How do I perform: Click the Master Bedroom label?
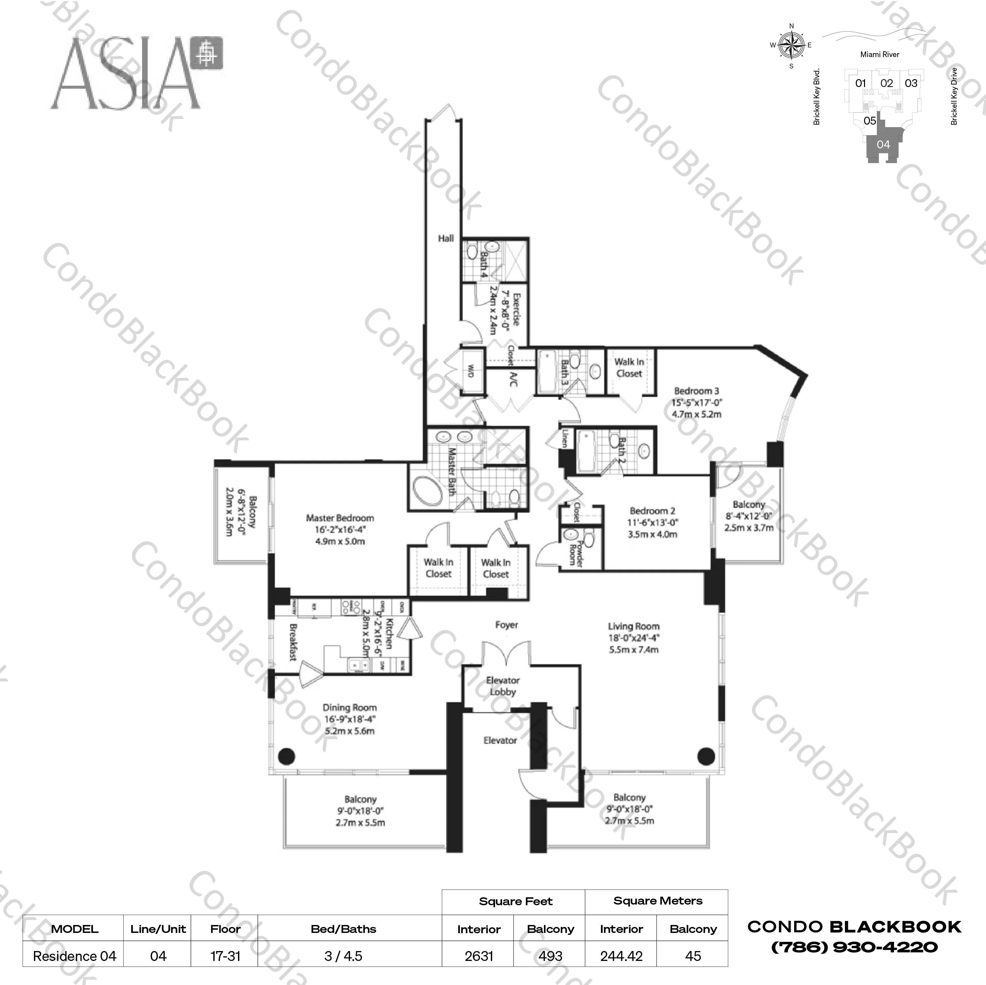point(340,518)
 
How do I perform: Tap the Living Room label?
point(633,626)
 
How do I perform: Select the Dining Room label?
point(349,707)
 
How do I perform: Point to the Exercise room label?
point(516,309)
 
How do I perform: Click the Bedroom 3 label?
point(696,391)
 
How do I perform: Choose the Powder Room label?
point(576,553)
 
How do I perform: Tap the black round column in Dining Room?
point(286,756)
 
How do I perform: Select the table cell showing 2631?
point(479,956)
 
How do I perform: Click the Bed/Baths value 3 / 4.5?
point(343,956)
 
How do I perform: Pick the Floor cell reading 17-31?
point(225,956)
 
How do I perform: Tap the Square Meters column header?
point(657,901)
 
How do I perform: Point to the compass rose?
point(792,45)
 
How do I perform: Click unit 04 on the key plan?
point(883,144)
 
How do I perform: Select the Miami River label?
point(879,54)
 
